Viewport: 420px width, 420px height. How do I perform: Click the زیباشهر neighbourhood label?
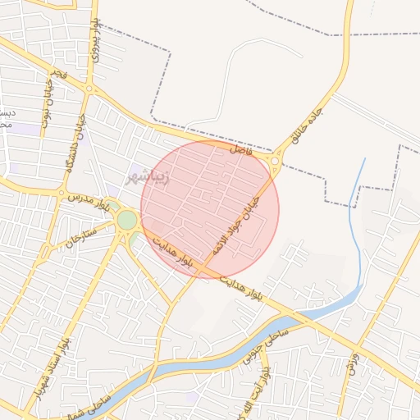[x=148, y=176]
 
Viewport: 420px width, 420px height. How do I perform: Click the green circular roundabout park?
[x=126, y=220]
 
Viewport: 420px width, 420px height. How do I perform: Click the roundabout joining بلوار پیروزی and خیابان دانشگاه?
[x=90, y=89]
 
